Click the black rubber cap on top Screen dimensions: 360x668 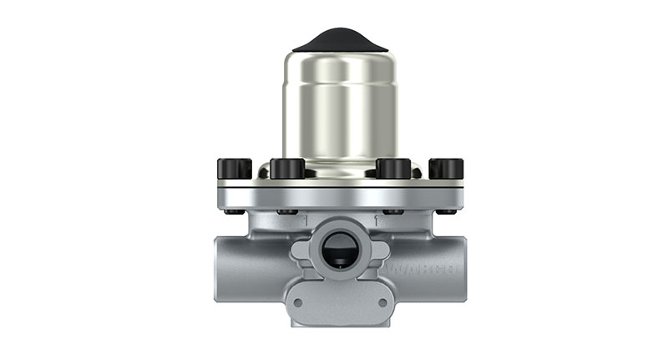[x=339, y=38]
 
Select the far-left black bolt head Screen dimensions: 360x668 [x=234, y=169]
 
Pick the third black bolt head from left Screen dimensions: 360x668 [x=392, y=169]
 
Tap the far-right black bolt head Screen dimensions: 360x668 [x=446, y=169]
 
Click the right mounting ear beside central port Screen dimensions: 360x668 [x=380, y=251]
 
